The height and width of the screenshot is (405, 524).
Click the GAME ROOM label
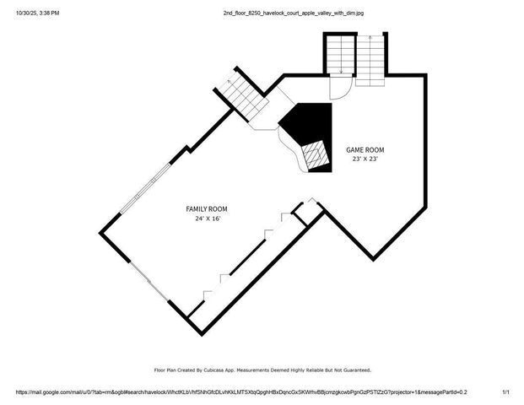coord(365,149)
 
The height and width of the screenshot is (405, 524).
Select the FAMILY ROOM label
coord(207,209)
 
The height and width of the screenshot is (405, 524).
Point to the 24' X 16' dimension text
coord(207,219)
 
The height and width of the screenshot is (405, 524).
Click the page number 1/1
coord(506,392)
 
